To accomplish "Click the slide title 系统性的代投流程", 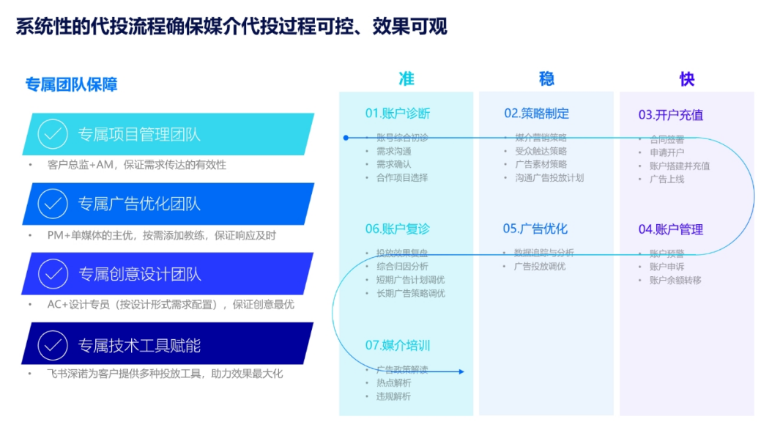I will [231, 27].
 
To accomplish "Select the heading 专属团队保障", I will [71, 84].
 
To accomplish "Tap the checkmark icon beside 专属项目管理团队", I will [52, 134].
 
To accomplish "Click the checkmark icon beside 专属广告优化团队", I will [52, 204].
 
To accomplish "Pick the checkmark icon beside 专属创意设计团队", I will [52, 274].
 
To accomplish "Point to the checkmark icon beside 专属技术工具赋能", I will [52, 344].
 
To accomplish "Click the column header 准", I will [406, 78].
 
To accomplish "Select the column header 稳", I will [546, 78].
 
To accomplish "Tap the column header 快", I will [686, 78].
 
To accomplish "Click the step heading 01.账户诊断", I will [398, 114].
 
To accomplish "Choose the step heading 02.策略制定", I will [536, 114].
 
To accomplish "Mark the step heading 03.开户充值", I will [670, 114].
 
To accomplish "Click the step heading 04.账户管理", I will [670, 229].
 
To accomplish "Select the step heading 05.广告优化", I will [535, 229].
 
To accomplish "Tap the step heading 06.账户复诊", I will [398, 229].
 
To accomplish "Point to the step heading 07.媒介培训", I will [398, 345].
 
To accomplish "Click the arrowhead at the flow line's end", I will [461, 371].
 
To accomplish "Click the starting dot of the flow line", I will [346, 137].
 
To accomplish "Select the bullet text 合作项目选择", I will [402, 177].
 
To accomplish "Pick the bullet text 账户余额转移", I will [675, 280].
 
